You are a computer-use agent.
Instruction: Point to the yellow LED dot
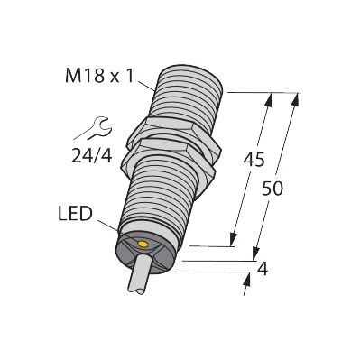coord(141,245)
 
